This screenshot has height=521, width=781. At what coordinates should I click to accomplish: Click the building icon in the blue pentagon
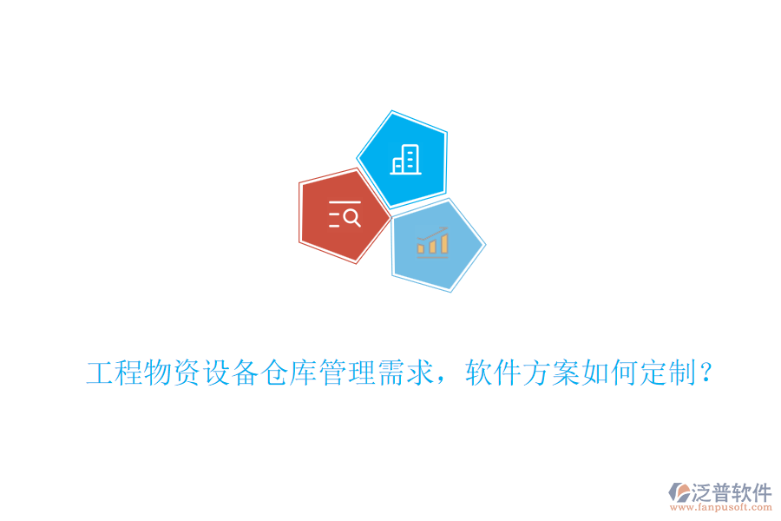pyautogui.click(x=405, y=160)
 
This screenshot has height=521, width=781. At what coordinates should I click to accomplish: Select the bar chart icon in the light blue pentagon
pyautogui.click(x=432, y=243)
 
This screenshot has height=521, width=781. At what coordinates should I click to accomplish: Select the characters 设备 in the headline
pyautogui.click(x=230, y=375)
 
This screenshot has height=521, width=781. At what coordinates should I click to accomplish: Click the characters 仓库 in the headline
pyautogui.click(x=288, y=375)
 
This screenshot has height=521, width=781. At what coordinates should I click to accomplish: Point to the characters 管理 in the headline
pyautogui.click(x=346, y=375)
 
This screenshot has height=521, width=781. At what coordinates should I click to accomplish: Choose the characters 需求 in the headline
pyautogui.click(x=404, y=375)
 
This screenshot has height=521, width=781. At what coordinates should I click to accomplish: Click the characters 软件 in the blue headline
pyautogui.click(x=493, y=375)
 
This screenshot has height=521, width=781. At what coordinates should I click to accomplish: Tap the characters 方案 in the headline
pyautogui.click(x=551, y=375)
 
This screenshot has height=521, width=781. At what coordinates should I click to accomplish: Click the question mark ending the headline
pyautogui.click(x=707, y=375)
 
